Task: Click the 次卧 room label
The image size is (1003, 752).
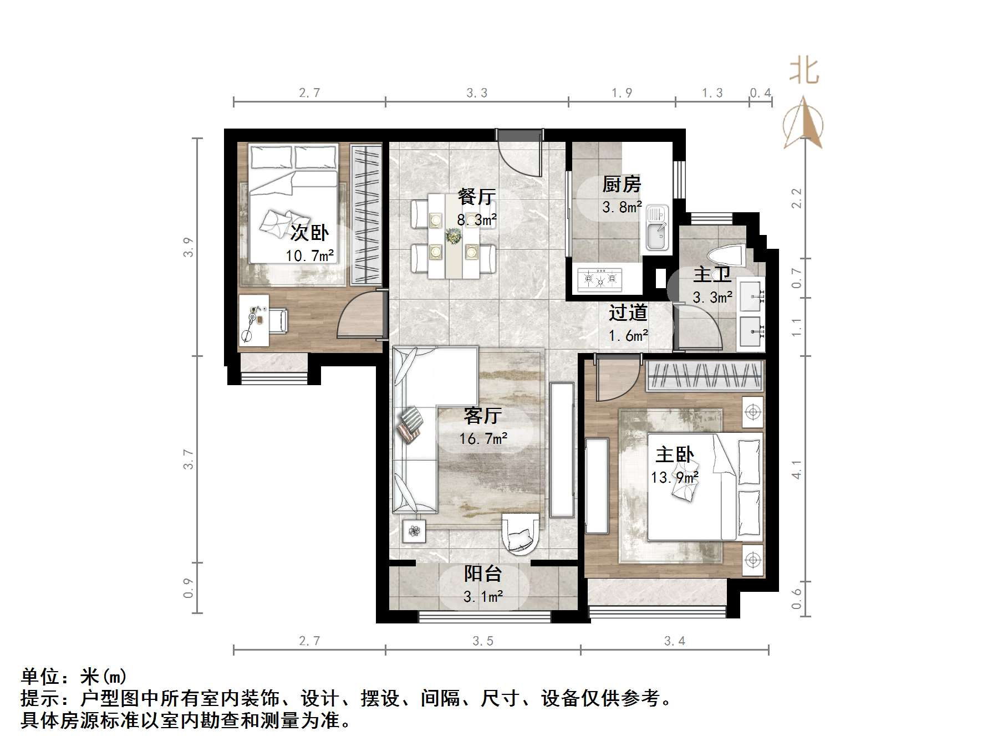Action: pos(309,232)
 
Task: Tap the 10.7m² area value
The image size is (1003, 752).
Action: pos(309,255)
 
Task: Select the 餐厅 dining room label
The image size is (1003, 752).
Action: pos(476,196)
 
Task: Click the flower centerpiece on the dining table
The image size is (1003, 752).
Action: pos(454,237)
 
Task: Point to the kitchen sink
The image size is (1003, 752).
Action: pos(658,228)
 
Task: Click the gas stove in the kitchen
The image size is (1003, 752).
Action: pos(600,280)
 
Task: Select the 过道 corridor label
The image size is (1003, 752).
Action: pos(628,313)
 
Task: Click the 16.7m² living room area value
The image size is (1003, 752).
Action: pos(483,439)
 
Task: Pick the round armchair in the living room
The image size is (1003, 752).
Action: pos(520,533)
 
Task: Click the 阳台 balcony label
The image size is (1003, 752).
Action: pos(482,574)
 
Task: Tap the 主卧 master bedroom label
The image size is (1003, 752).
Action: pos(674,455)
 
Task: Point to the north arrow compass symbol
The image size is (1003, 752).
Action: pos(803,125)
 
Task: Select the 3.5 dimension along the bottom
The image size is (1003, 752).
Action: pos(483,641)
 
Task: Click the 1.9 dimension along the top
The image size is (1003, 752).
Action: pos(622,93)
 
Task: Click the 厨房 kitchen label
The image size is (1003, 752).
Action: pos(622,184)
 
